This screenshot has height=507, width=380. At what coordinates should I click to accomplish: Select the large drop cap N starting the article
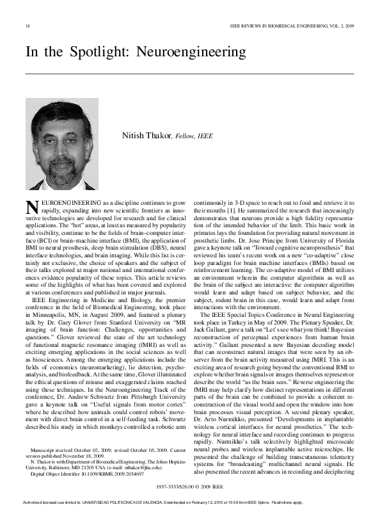coord(31,207)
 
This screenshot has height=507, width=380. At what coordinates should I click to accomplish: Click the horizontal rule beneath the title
coord(189,74)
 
